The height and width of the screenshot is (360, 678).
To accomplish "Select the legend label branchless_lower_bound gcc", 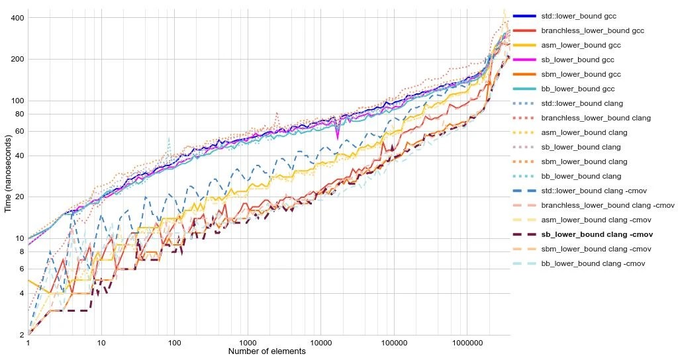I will click(583, 30).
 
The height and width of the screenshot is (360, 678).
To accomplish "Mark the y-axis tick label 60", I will click(19, 132).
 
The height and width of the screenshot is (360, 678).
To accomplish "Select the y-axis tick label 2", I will click(22, 336).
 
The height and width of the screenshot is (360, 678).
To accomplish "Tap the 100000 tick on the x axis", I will click(394, 344).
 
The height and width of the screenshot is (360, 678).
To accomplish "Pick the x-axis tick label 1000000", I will click(467, 344).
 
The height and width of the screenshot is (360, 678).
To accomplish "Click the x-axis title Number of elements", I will click(267, 352).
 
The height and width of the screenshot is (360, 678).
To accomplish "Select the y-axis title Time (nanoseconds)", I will click(8, 174).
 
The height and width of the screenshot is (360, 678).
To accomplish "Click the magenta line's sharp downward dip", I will click(338, 138).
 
